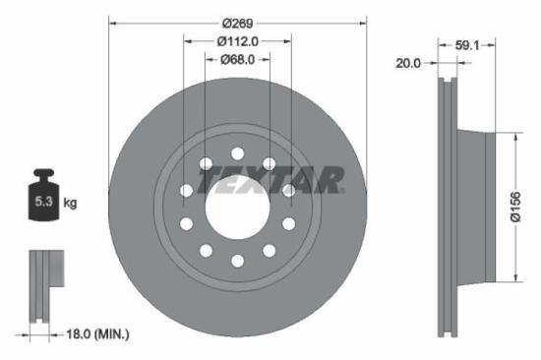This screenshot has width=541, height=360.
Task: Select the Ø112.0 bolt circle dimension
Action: pos(237,41)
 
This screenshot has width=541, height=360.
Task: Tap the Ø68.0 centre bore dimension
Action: pos(237,59)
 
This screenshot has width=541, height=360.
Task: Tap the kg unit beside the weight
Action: pos(70,203)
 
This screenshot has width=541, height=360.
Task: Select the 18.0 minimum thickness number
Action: pos(69,334)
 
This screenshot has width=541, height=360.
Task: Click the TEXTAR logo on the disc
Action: pos(271,179)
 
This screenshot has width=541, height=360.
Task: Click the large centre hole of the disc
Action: pos(237,207)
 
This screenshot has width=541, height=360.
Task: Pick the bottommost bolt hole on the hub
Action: pos(237,261)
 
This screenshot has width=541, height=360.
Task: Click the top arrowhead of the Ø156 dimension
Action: pos(513,136)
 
